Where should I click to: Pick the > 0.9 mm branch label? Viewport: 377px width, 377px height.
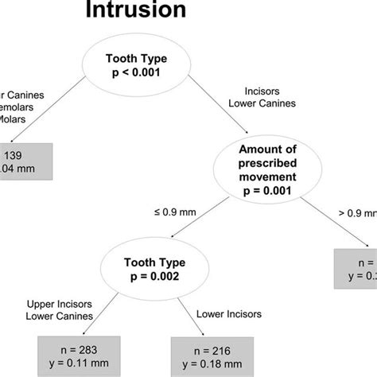point(357,213)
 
